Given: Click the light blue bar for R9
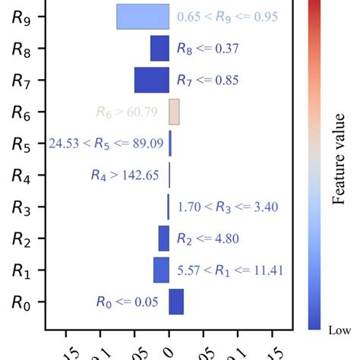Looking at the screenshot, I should [142, 17].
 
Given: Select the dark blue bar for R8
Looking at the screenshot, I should [159, 49].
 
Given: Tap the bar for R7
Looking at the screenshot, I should [151, 80].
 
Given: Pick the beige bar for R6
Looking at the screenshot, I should [174, 112].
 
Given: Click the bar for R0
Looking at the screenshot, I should [176, 302].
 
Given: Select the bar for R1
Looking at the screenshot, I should [161, 270].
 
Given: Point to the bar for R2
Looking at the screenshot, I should [163, 238].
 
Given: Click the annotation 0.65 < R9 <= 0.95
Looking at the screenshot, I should [226, 17].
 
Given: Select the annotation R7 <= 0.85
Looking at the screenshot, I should [207, 80].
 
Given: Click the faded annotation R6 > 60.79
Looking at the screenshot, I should [127, 112].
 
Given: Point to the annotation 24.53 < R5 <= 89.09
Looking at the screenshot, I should [106, 144].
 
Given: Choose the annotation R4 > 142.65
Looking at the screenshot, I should [124, 175].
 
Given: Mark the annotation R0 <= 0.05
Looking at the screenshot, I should [127, 302].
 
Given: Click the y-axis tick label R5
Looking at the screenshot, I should [22, 144].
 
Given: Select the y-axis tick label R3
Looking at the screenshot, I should [22, 207].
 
